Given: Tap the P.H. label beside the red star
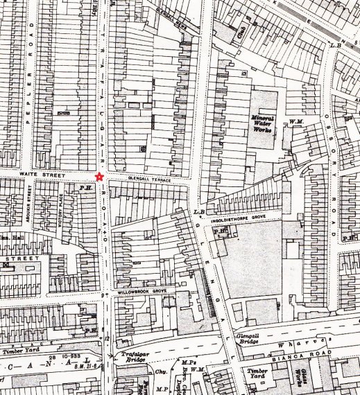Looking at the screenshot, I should coord(86,186).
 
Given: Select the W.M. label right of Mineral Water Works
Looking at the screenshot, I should coord(296,123).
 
